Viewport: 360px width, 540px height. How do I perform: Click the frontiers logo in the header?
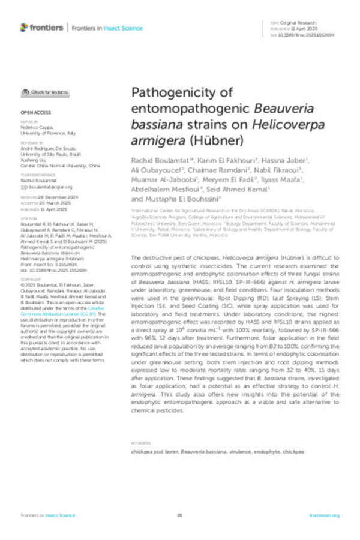(x=42, y=27)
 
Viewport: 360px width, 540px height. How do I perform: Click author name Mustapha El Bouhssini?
(x=182, y=199)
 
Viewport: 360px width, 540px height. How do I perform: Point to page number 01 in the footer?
(x=179, y=515)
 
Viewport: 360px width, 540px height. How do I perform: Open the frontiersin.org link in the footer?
(x=325, y=515)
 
